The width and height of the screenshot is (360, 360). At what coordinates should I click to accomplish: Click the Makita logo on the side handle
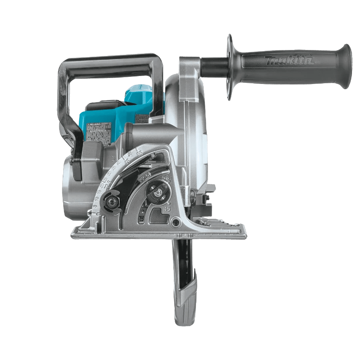pos(289,61)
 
